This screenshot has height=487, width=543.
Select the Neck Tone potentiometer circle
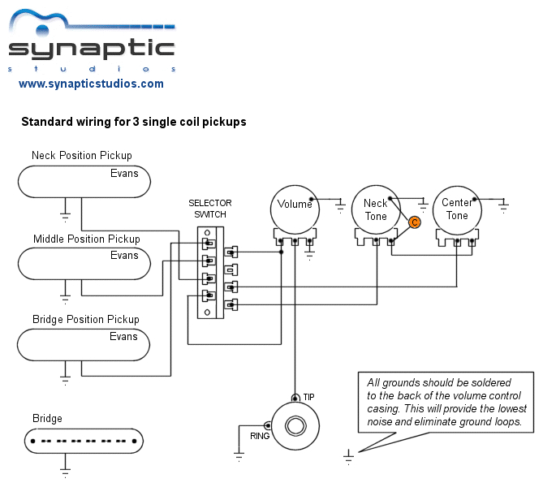coord(375,209)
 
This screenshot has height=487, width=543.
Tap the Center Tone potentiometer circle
coord(457,209)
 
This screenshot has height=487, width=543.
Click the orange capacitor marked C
coord(414,222)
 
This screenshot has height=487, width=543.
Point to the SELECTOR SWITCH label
coord(210,209)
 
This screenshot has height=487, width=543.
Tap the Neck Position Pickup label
coord(81,155)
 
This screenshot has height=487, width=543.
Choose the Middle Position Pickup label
coord(86,239)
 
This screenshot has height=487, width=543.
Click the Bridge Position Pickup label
coord(85,319)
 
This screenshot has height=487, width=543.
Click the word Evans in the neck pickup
coord(124,174)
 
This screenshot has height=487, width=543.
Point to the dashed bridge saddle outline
coord(84,441)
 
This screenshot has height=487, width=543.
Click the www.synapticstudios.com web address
coord(91,84)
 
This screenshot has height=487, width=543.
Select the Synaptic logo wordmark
coord(91,48)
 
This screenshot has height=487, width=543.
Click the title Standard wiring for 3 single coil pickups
coord(133,122)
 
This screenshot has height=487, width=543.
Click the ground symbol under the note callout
coord(349,457)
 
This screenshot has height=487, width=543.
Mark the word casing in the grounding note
coord(385,409)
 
